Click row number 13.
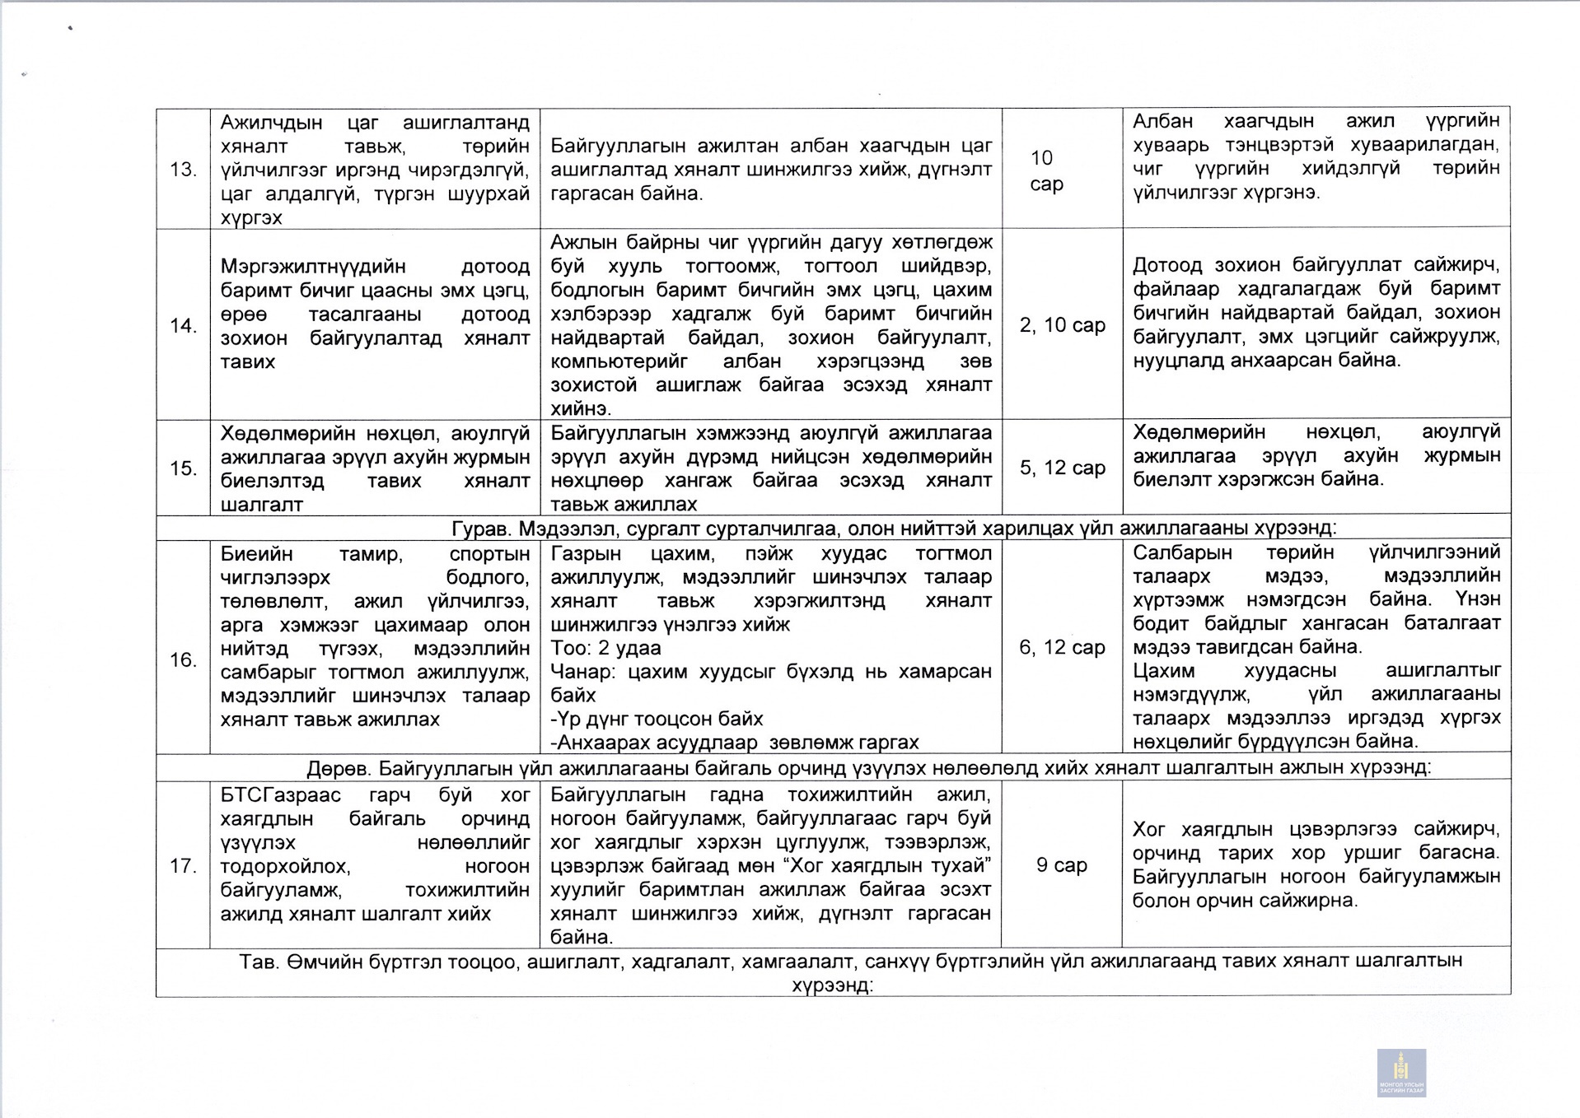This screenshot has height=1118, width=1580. point(183,170)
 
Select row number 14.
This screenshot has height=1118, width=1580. point(183,326)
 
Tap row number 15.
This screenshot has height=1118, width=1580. point(183,468)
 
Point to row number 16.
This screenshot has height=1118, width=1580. point(183,659)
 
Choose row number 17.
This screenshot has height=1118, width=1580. point(183,866)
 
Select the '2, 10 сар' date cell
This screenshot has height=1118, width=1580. point(1062,325)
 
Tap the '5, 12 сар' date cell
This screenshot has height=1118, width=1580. point(1062,468)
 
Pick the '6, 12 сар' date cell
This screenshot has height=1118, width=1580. point(1062,647)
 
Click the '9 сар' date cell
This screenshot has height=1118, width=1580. point(1061,864)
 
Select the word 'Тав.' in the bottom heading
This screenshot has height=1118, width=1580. point(259,962)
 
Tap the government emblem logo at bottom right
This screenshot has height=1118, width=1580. point(1400,1072)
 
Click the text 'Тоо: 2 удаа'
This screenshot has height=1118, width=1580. point(605,648)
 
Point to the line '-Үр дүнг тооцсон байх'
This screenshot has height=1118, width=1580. point(657,719)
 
